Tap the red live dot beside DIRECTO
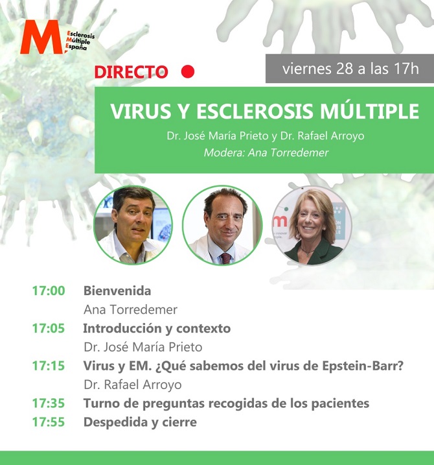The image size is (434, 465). [187, 71]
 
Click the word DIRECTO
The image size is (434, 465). [131, 72]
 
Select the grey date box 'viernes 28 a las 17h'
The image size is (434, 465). [350, 69]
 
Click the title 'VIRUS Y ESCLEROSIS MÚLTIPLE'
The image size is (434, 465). [264, 111]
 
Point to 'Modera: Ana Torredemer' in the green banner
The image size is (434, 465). [266, 152]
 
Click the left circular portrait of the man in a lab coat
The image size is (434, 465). [133, 225]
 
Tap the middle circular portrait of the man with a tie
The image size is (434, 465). [222, 225]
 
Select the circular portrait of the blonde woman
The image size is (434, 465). [312, 226]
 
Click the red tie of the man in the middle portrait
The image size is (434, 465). [225, 258]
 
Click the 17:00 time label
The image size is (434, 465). [49, 291]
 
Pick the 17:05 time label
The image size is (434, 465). [49, 328]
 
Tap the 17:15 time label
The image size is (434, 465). [49, 366]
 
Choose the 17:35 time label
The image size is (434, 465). [49, 403]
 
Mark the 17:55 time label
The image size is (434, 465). [49, 422]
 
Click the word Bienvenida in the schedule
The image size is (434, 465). [117, 291]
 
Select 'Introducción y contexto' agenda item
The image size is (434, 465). [157, 328]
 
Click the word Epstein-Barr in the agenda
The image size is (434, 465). [363, 366]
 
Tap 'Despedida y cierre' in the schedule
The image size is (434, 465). [140, 422]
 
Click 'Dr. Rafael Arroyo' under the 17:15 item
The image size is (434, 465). [133, 385]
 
